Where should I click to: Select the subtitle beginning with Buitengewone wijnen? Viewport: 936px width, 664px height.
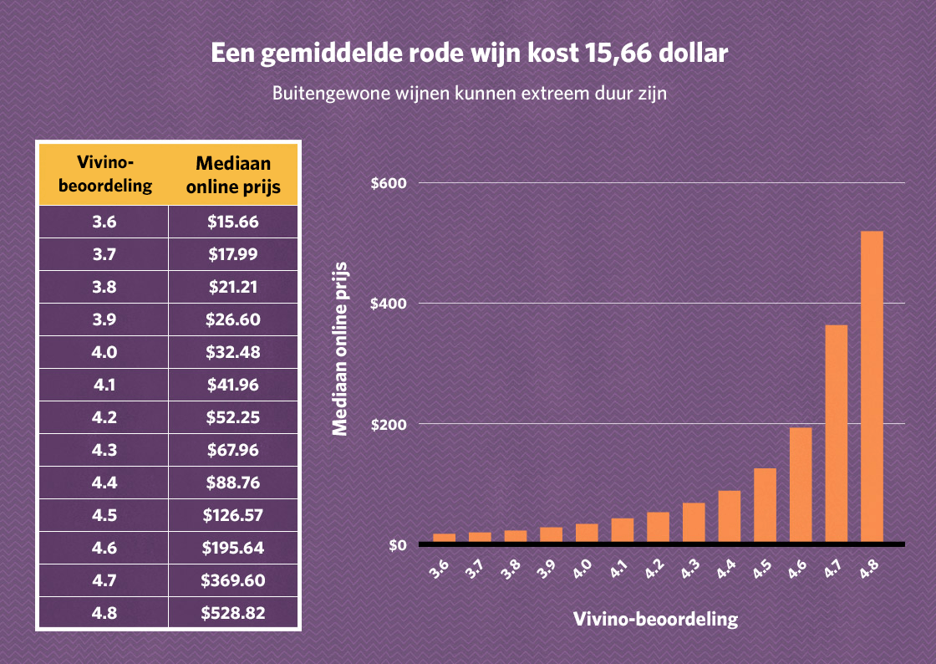coord(469,93)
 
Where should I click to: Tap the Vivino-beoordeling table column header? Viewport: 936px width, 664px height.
coord(104,174)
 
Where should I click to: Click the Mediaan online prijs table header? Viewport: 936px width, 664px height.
coord(233,174)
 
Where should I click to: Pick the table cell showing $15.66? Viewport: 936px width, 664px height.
coord(233,222)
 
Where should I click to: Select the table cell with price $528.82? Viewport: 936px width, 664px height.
coord(233,613)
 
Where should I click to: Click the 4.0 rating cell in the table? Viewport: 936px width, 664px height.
coord(104,352)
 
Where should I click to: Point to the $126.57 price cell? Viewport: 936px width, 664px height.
coord(233,515)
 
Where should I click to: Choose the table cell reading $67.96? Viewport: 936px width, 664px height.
coord(233,450)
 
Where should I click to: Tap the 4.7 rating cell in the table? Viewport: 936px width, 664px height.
coord(104,580)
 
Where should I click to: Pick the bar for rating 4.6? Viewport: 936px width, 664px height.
coord(801,485)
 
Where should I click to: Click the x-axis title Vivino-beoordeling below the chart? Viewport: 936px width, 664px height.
coord(656,620)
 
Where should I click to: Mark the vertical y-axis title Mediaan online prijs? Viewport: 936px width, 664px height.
coord(339,349)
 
